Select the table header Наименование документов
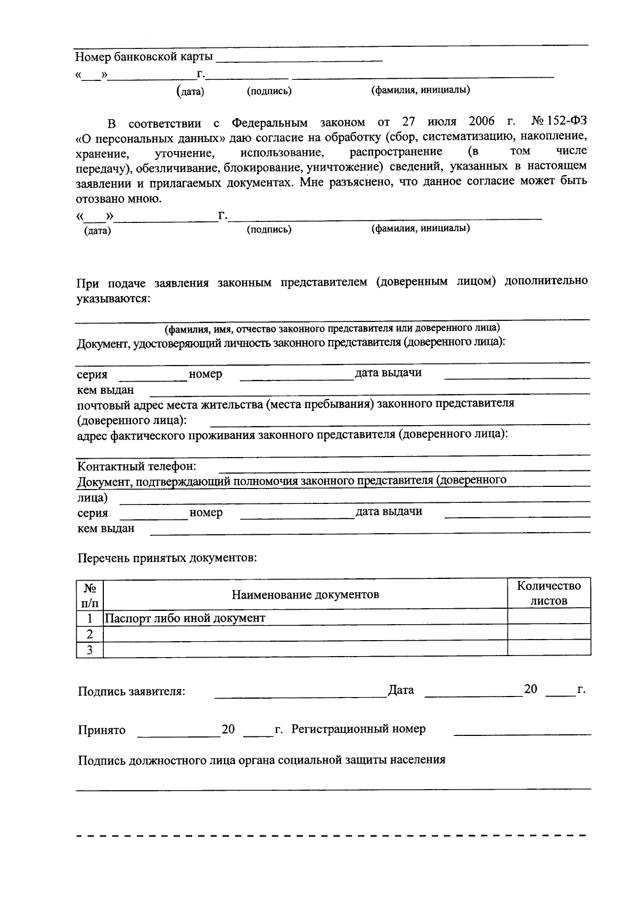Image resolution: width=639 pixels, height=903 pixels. [305, 594]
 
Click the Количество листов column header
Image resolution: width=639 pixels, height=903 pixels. [548, 593]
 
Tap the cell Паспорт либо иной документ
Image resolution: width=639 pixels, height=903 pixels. [185, 618]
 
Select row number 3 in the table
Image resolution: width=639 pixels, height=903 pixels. [89, 649]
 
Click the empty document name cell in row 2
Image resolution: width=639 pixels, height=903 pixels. [305, 633]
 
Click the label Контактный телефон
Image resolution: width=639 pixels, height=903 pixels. [137, 467]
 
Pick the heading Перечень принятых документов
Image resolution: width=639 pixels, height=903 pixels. [167, 558]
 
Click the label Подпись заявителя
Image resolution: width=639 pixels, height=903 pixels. [132, 692]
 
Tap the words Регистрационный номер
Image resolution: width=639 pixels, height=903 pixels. [358, 729]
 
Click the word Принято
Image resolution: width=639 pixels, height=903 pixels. [102, 730]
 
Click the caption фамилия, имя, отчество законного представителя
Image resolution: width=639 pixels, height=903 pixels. [331, 328]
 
